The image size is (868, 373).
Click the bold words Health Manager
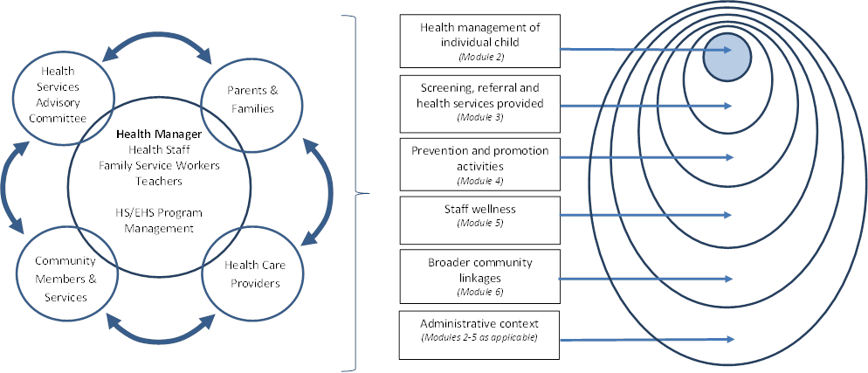point(158,135)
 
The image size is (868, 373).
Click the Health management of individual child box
point(479,41)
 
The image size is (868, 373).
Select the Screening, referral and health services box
point(479,101)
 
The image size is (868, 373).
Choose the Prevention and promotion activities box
point(479,162)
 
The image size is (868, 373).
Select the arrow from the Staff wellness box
point(646,218)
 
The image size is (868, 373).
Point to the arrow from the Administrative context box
point(646,340)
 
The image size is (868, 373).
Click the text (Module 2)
point(480,57)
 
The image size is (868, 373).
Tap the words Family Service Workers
point(158,165)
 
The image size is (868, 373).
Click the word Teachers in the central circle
point(158,181)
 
